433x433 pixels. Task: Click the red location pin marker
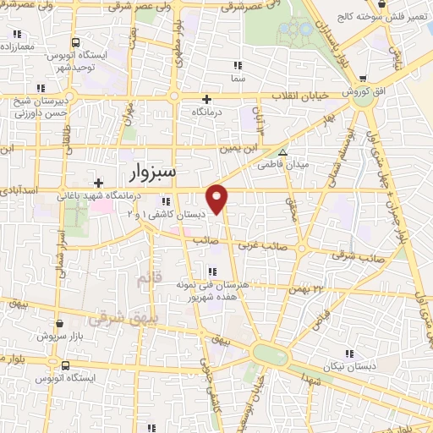coord(217,198)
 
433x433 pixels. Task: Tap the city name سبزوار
coord(153,173)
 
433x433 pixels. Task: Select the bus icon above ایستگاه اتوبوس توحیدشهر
coord(76,41)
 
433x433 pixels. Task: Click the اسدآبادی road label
coord(19,192)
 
